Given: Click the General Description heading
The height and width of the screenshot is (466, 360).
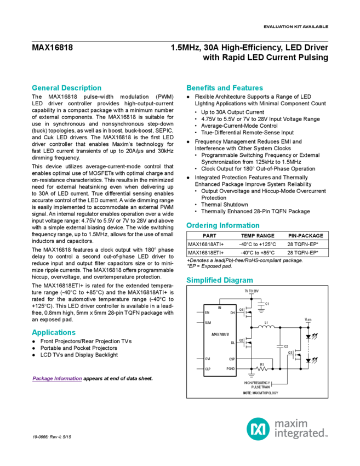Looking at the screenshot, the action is (x=66, y=88).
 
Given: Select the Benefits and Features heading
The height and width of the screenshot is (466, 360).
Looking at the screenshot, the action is (x=225, y=88).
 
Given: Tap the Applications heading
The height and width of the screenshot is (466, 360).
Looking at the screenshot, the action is (x=53, y=333).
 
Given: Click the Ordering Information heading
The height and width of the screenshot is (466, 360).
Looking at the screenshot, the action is (x=222, y=225).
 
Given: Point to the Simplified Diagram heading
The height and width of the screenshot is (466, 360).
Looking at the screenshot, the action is (x=217, y=280).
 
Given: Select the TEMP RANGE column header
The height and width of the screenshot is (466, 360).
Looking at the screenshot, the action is (x=253, y=235).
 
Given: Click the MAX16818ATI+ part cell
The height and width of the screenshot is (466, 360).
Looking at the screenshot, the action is (x=207, y=244).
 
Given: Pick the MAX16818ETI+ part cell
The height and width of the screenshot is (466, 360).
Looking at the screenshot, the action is (x=207, y=253).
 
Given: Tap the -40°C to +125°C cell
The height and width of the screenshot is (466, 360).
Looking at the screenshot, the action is (x=257, y=244).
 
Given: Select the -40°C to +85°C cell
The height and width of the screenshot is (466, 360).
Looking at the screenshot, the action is (x=256, y=253).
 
